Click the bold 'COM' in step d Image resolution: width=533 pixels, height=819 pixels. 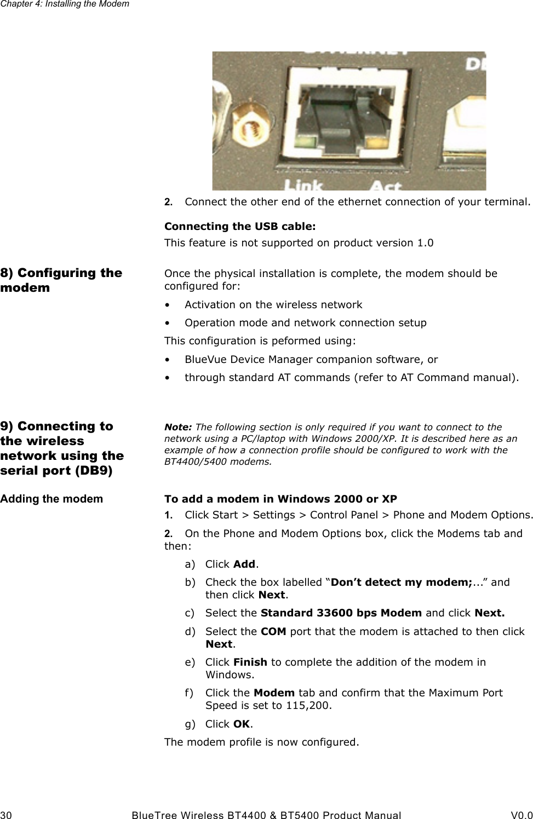(x=272, y=631)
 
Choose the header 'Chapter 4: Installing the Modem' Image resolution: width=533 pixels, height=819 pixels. (x=65, y=4)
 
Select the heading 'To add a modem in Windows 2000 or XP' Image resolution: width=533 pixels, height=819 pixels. (x=280, y=499)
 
